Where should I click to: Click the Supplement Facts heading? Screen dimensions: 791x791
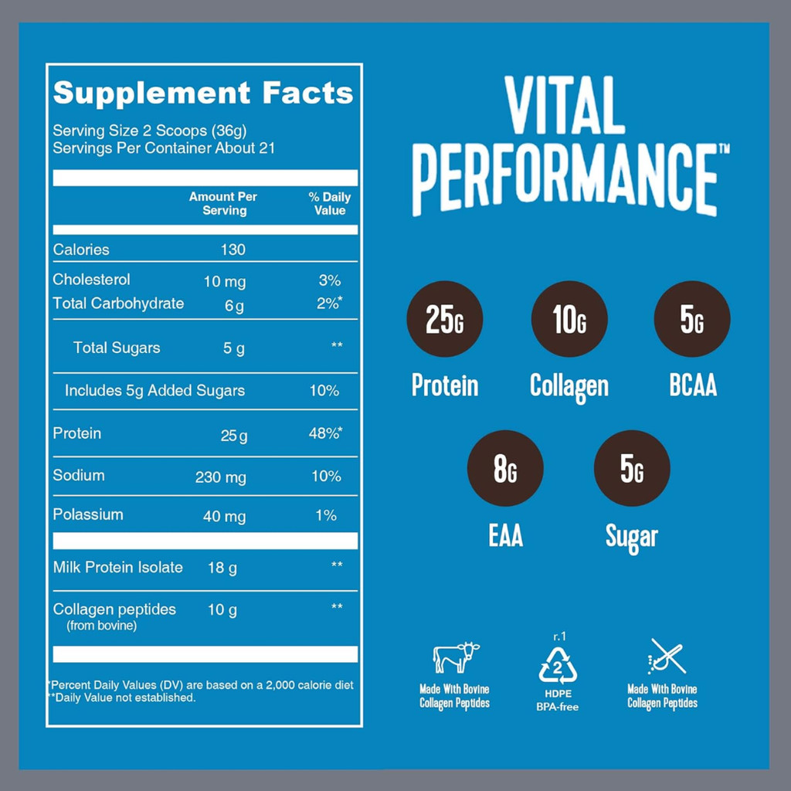click(202, 93)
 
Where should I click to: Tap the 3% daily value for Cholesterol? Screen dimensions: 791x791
click(328, 281)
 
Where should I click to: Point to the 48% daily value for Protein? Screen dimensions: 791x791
click(325, 434)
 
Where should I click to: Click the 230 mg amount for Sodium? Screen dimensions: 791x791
click(220, 477)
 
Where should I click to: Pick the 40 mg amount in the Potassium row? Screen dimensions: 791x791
click(224, 516)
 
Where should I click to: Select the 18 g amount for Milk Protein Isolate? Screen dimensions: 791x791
click(222, 568)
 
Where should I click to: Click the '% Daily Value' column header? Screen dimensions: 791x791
click(330, 204)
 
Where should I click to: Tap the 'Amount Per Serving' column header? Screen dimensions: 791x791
click(223, 203)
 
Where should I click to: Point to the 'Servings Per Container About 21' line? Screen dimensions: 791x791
click(164, 148)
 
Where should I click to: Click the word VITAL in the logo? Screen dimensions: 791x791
click(565, 106)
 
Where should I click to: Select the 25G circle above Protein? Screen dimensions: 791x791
click(445, 319)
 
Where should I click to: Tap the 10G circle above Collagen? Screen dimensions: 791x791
click(569, 319)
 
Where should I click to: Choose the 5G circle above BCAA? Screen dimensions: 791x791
click(692, 319)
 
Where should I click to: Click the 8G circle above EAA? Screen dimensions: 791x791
click(506, 468)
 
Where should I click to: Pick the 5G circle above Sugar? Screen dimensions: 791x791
click(632, 468)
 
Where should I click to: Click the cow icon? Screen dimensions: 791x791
click(456, 657)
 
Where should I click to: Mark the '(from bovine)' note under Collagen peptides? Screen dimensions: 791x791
click(102, 626)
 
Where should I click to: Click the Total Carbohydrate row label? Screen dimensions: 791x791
click(118, 304)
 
